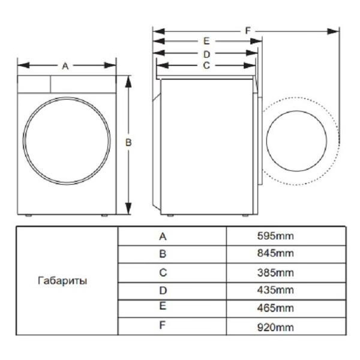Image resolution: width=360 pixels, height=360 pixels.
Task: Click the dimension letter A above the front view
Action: click(65, 66)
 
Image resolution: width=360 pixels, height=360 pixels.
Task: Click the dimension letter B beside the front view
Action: click(128, 142)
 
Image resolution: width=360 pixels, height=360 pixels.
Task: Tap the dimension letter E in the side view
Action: click(206, 41)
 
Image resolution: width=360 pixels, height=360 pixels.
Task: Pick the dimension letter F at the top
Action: click(247, 30)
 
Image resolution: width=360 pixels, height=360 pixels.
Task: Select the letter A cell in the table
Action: click(163, 236)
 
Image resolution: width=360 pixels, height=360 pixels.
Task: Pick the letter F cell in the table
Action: click(163, 328)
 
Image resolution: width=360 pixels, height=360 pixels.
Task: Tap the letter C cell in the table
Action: click(163, 273)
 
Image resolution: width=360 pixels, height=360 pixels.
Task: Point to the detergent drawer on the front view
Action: click(35, 83)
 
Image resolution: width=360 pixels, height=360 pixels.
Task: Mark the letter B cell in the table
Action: click(163, 254)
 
